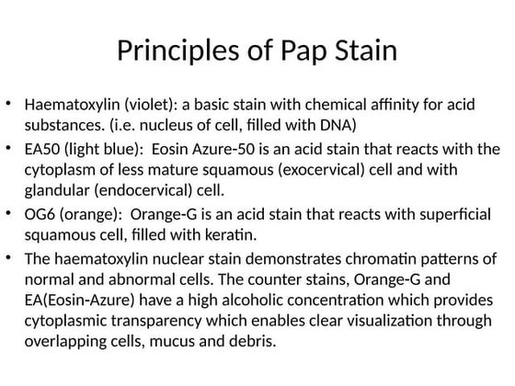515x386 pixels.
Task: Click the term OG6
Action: [x=41, y=215]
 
